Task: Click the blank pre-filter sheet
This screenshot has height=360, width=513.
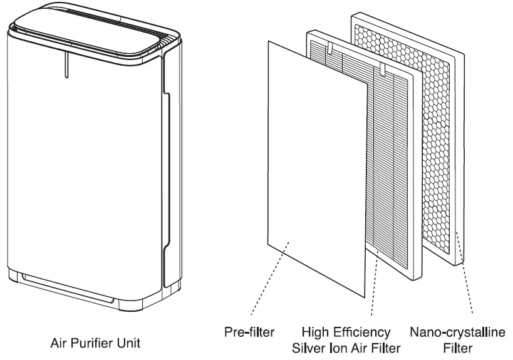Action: point(313,169)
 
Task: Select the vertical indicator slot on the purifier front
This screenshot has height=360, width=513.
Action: point(65,66)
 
